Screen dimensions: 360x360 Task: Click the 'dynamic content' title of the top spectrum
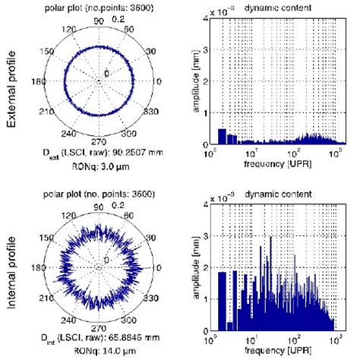pyautogui.click(x=260, y=7)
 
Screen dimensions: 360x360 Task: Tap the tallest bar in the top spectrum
pyautogui.click(x=222, y=136)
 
